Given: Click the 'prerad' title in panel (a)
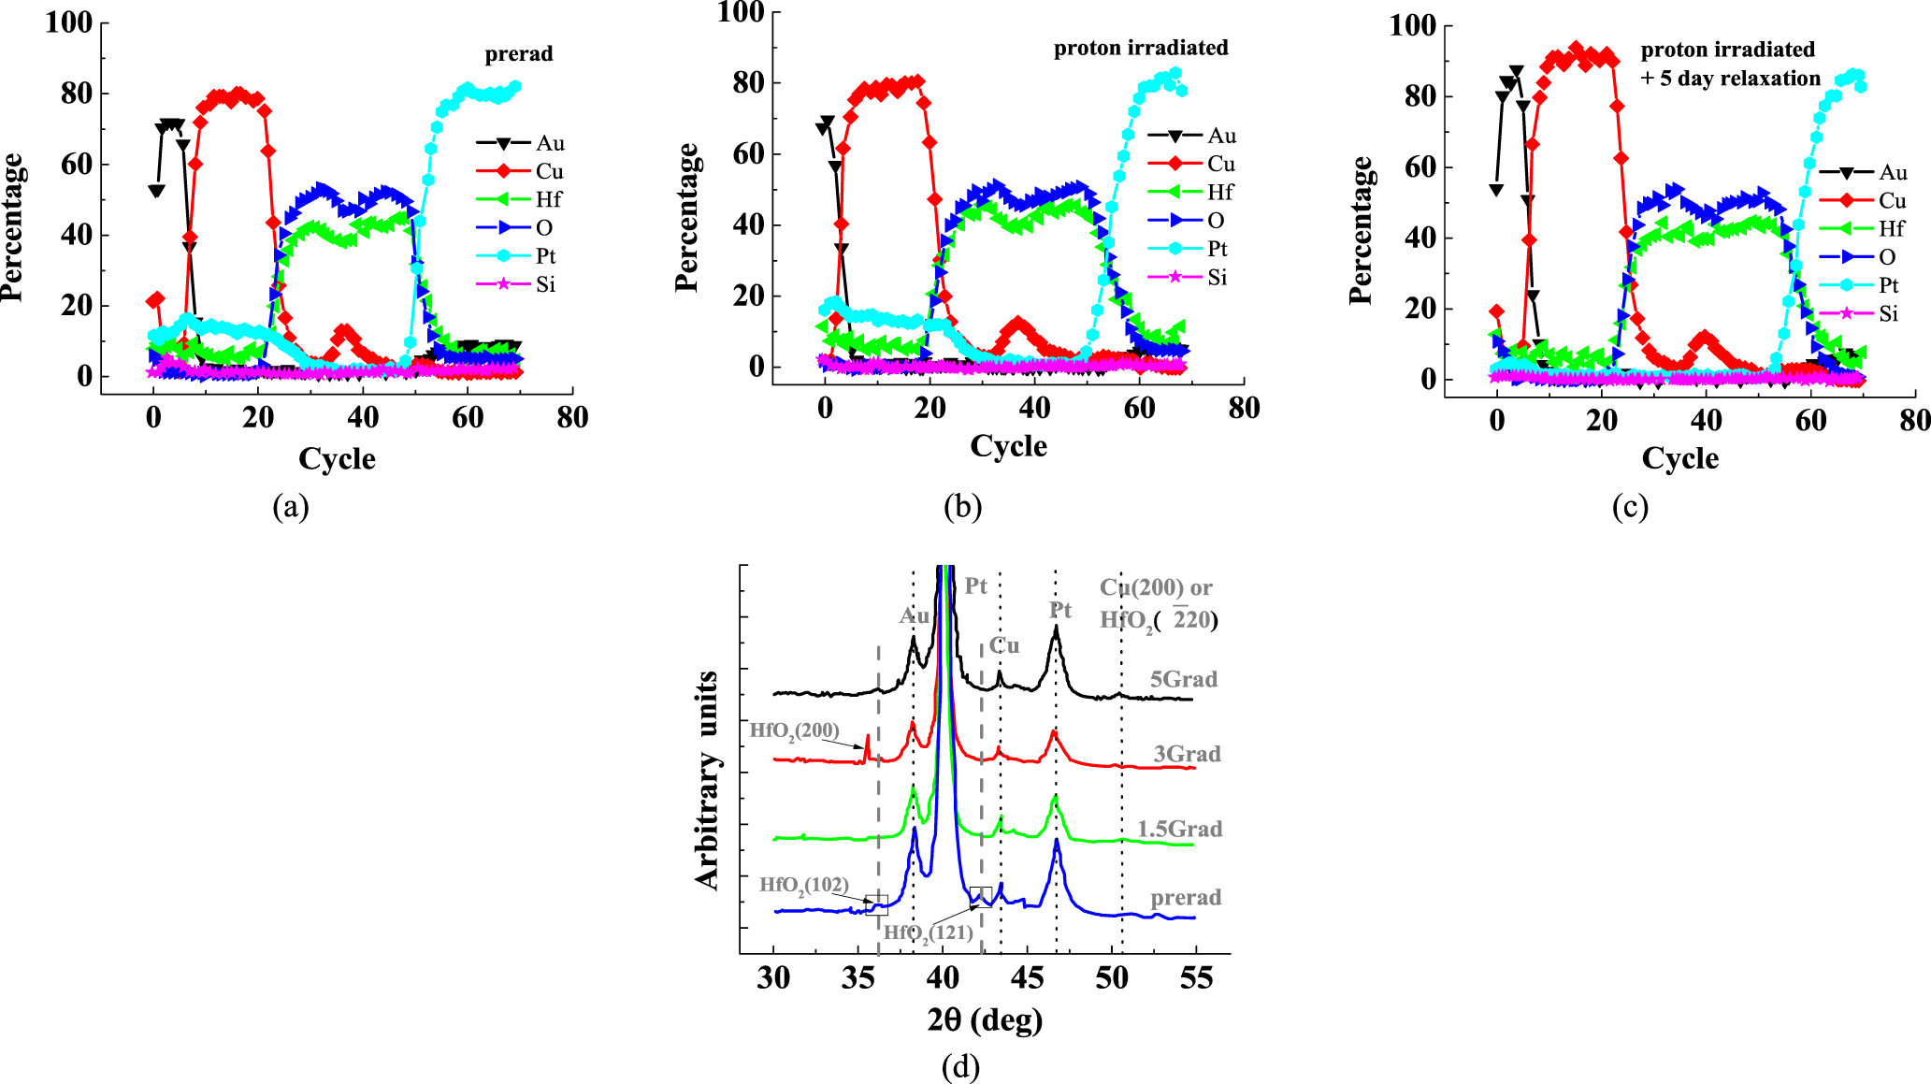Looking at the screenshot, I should (519, 54).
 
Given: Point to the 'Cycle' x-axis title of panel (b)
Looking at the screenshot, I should (1008, 446).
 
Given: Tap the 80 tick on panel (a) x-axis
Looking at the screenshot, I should (572, 417).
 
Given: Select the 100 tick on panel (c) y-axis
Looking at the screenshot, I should (1412, 25).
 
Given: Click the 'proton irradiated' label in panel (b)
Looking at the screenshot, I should (1141, 48).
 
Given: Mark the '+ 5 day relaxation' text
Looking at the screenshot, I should (1730, 79).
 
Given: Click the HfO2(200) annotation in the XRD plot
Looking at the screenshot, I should (794, 730).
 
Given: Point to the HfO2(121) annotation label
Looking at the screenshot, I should (928, 932).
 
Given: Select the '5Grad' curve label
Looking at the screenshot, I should (1183, 679).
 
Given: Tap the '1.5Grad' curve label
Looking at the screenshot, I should (1179, 829).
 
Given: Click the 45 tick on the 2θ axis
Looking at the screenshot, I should (1027, 978).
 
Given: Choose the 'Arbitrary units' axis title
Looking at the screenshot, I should (707, 780).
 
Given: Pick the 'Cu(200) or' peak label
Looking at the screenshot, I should (1156, 587).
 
